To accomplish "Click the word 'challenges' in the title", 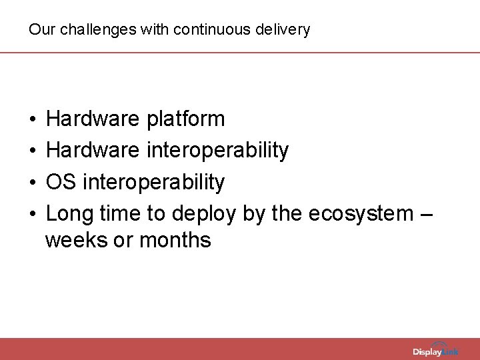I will point(83,30).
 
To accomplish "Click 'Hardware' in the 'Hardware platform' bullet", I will point(93,119).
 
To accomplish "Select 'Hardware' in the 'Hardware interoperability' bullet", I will point(93,151).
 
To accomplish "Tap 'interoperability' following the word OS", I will point(153,182).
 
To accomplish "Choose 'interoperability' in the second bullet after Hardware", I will point(217,151).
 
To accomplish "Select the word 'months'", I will point(175,240).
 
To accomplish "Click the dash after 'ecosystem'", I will point(427,214).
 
